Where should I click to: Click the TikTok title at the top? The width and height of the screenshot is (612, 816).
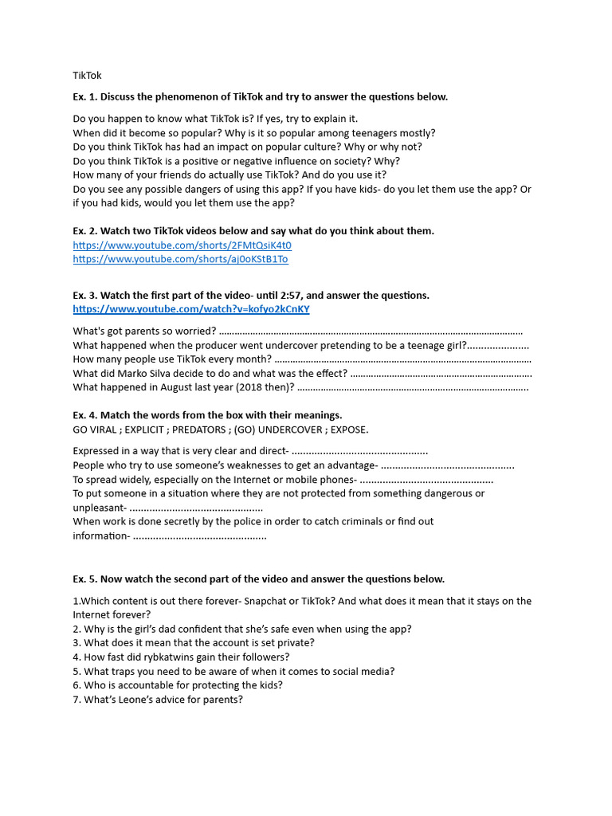click(x=87, y=76)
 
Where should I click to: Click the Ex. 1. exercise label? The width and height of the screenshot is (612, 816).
click(x=85, y=96)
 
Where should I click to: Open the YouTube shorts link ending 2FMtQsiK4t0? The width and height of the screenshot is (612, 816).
click(x=182, y=245)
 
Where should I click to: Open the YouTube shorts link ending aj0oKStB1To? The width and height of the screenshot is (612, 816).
click(x=180, y=259)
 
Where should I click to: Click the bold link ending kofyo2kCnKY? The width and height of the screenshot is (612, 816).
click(x=191, y=309)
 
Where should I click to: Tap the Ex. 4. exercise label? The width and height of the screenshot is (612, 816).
click(x=85, y=415)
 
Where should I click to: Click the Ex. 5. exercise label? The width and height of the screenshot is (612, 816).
click(x=85, y=579)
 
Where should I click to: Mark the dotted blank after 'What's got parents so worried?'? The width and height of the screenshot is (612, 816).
click(x=371, y=331)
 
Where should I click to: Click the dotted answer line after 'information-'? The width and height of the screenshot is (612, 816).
click(x=199, y=536)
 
